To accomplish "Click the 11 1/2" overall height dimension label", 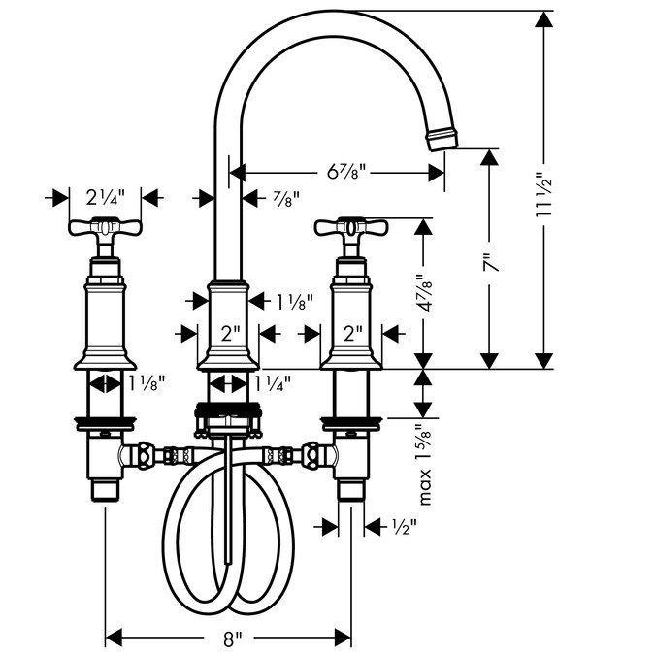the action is [543, 193].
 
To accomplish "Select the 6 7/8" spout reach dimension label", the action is [346, 171].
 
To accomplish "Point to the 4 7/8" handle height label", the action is [424, 293].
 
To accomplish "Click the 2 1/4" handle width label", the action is [105, 197].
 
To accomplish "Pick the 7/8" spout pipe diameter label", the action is [286, 199].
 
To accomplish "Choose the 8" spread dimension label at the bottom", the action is [232, 639].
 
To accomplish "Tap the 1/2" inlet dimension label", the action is [405, 527].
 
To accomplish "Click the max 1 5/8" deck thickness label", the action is [424, 465].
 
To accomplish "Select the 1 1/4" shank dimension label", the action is [274, 383].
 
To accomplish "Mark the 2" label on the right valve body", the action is [352, 334].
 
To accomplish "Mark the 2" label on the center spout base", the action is [231, 334].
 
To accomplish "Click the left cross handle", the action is [105, 228].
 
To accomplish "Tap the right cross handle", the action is [351, 228].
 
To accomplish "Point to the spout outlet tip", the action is [442, 140].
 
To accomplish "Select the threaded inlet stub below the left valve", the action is [105, 490].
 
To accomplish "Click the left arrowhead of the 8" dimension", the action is [114, 639].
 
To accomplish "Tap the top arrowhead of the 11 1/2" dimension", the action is [543, 19].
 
